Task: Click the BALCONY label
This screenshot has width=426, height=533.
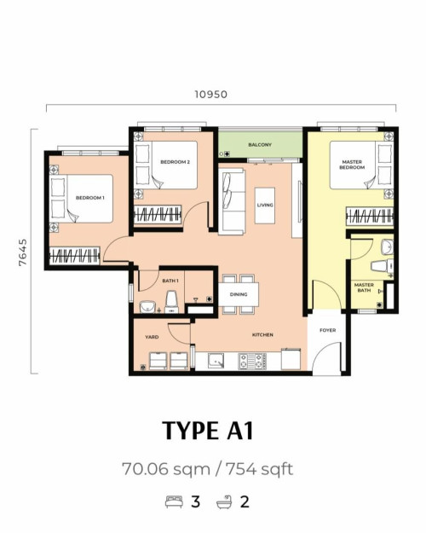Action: [x=260, y=145]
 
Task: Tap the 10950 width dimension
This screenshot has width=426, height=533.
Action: [x=210, y=94]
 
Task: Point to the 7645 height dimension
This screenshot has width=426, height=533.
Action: [x=23, y=252]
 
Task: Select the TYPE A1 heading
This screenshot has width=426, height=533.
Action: [x=208, y=431]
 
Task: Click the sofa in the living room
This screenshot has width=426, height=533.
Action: [x=232, y=201]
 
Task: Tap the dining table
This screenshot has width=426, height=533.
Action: [x=239, y=294]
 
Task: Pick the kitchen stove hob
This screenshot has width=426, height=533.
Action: [x=252, y=361]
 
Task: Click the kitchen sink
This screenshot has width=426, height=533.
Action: [x=216, y=361]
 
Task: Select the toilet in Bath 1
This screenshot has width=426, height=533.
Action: [x=171, y=302]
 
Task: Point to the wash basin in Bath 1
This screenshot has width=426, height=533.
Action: [x=147, y=307]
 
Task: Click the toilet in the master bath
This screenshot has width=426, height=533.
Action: [x=382, y=266]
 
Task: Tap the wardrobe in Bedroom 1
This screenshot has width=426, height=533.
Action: [x=74, y=256]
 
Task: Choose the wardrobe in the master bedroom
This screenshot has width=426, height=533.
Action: [x=370, y=216]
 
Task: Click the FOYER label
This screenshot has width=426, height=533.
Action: [x=328, y=330]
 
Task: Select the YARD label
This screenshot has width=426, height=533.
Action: [x=152, y=337]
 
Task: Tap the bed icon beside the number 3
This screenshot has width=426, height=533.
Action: [x=174, y=502]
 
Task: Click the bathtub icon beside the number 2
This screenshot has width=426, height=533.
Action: [x=225, y=501]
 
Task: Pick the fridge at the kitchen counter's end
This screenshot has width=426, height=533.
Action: [x=291, y=359]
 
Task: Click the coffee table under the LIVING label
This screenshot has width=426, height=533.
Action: [x=265, y=206]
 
